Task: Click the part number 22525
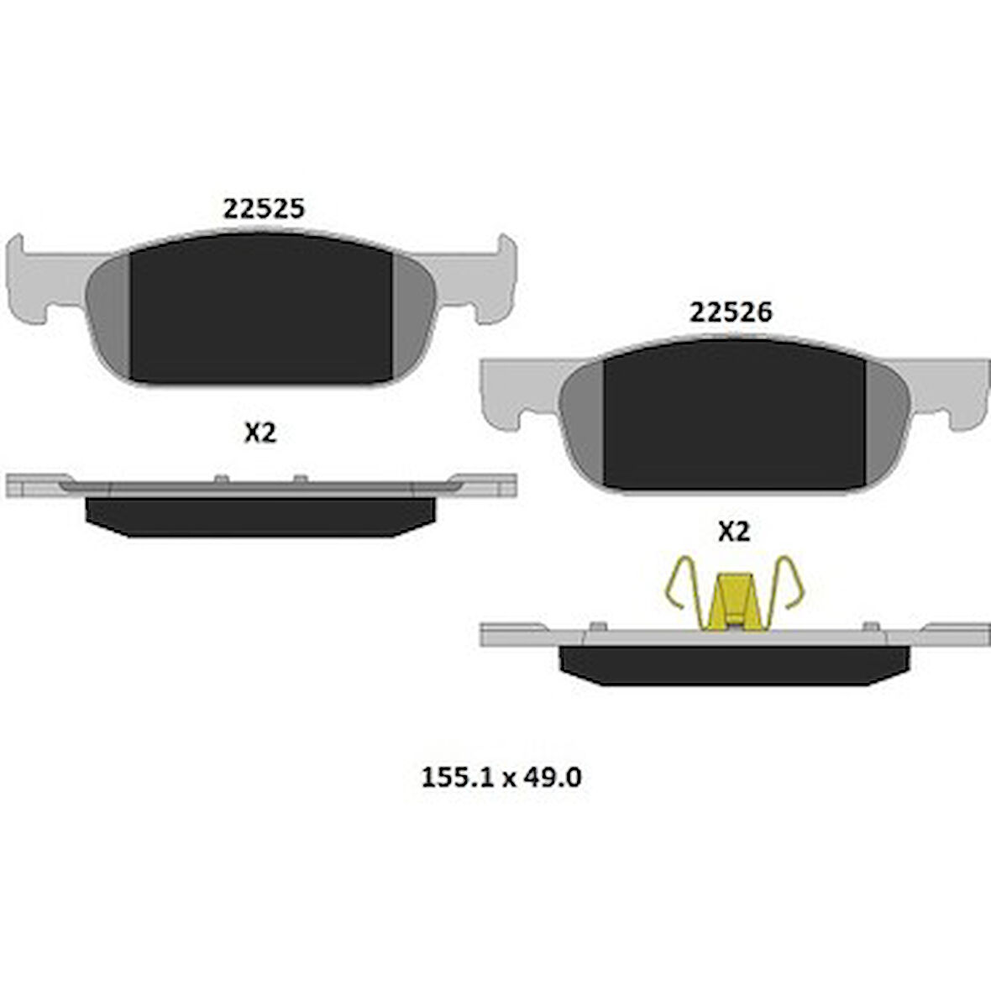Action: [263, 208]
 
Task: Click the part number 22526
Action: [730, 312]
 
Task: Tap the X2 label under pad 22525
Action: [260, 433]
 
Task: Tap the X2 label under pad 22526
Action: [733, 531]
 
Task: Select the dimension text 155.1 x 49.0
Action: [501, 778]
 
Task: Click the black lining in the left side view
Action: [260, 516]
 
